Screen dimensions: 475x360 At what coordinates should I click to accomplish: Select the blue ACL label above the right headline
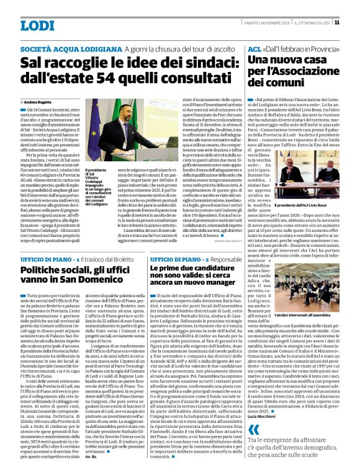[x=254, y=48]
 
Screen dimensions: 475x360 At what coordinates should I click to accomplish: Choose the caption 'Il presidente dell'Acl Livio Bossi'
[x=308, y=204]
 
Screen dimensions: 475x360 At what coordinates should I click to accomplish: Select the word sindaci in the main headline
[x=204, y=63]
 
